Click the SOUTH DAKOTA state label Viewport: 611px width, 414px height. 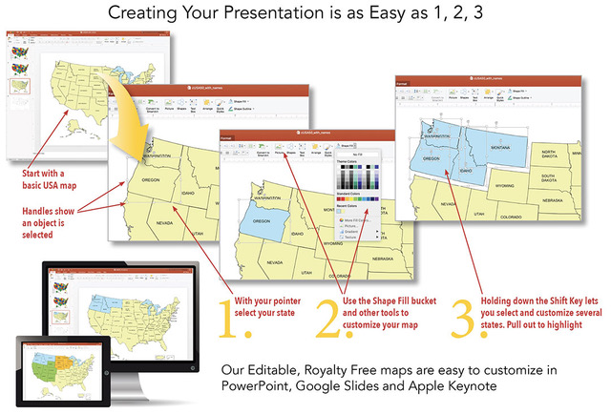point(550,178)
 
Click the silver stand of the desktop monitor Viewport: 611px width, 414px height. point(145,385)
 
